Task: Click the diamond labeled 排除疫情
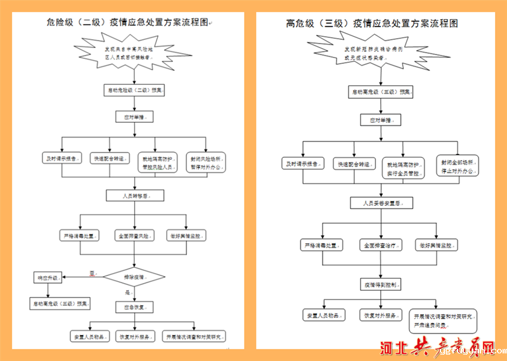click(133, 277)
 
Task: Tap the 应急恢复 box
click(133, 307)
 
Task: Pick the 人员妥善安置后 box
click(380, 203)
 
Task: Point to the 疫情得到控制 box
click(380, 285)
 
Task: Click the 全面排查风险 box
click(133, 236)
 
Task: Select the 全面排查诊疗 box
click(380, 245)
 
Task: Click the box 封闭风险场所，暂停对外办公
click(207, 163)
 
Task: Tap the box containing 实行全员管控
click(404, 167)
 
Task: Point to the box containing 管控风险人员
click(158, 163)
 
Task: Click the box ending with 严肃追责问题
click(444, 320)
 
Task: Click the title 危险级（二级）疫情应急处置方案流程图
click(127, 23)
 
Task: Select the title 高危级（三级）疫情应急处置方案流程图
click(372, 23)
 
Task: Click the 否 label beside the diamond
click(92, 273)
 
